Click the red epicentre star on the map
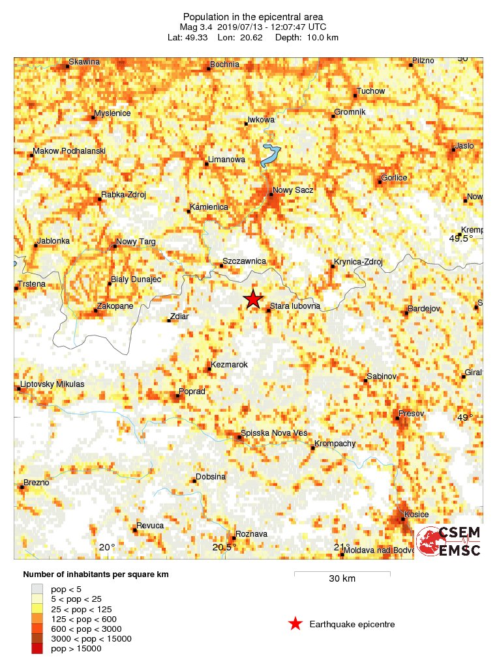[253, 299]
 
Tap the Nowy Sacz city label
[293, 190]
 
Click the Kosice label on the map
[417, 515]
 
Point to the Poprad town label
[192, 391]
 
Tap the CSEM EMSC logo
[449, 541]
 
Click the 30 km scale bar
[342, 574]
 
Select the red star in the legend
[295, 624]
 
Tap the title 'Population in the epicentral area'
[252, 16]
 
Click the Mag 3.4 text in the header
[201, 27]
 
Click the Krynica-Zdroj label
[357, 262]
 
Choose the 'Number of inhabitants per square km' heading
[96, 575]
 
